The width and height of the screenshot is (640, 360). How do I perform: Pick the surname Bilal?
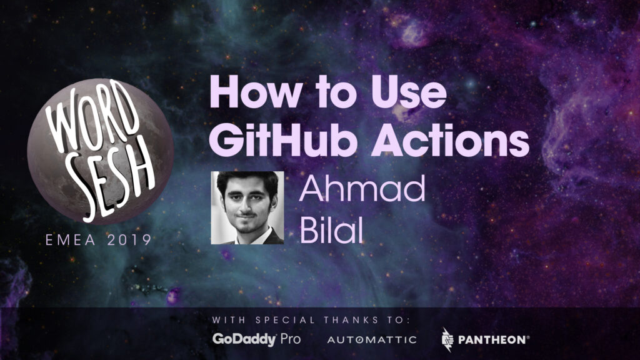(x=331, y=230)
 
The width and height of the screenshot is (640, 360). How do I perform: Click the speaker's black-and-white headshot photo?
(x=247, y=207)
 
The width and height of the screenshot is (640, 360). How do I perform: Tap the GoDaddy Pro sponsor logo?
(x=256, y=339)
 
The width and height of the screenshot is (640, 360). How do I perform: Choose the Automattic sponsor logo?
(x=372, y=339)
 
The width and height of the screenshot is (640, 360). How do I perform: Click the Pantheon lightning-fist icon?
(x=447, y=339)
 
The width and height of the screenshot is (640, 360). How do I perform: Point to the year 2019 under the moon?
(x=129, y=240)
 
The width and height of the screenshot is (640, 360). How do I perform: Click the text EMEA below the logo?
(x=71, y=240)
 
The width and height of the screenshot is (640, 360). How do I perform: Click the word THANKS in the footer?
(x=351, y=320)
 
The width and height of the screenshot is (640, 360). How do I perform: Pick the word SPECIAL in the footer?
(x=285, y=320)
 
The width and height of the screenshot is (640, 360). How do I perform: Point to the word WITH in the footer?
(x=229, y=320)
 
